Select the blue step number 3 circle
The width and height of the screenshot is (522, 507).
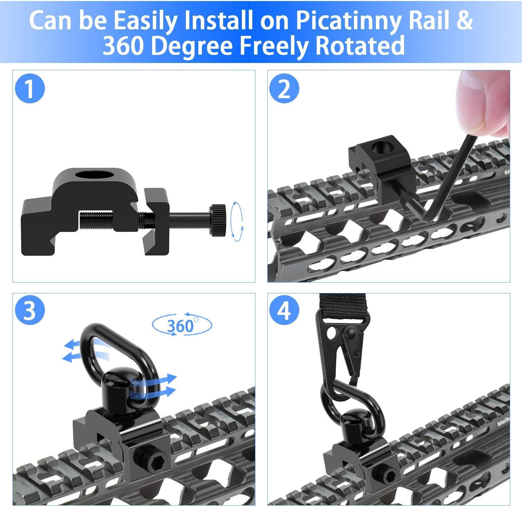pyautogui.click(x=30, y=311)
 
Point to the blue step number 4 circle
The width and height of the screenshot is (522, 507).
pyautogui.click(x=284, y=311)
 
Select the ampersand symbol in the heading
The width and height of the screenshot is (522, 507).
pyautogui.click(x=464, y=21)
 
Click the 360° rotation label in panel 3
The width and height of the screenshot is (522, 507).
pyautogui.click(x=182, y=325)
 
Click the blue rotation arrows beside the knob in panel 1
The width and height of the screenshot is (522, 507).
pyautogui.click(x=237, y=221)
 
